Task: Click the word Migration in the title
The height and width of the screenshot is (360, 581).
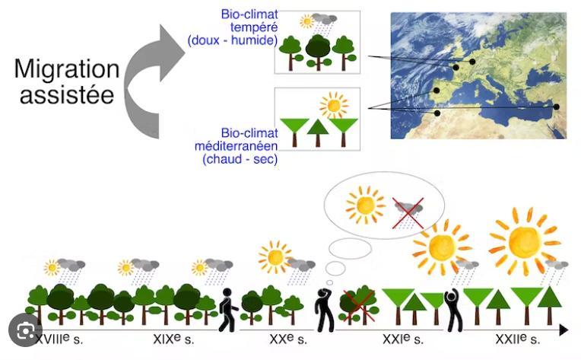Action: click(x=67, y=70)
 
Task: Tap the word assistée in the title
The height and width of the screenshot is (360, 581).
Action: click(x=67, y=94)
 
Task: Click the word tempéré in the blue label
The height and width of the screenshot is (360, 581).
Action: click(x=254, y=27)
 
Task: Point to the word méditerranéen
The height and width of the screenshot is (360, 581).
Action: click(x=236, y=145)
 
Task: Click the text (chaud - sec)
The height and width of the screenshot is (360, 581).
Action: click(x=240, y=159)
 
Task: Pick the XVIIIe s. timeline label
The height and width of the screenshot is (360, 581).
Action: click(x=59, y=339)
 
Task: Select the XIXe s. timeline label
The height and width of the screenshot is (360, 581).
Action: click(x=173, y=339)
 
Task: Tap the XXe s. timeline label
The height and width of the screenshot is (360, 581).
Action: click(x=288, y=339)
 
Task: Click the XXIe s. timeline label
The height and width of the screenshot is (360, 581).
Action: click(x=403, y=339)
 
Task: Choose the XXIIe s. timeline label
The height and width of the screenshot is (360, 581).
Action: click(x=518, y=339)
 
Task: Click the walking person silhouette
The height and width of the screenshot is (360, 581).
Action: click(x=227, y=310)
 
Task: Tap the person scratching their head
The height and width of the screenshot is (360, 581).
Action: click(x=325, y=310)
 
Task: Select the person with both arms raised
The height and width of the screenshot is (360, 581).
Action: click(x=453, y=310)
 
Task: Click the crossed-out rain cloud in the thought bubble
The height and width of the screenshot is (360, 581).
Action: click(x=408, y=213)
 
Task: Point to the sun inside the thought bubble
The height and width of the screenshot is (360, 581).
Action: click(x=365, y=205)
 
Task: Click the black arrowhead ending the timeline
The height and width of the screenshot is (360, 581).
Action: click(x=564, y=330)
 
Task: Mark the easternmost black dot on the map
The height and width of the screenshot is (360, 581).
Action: click(x=556, y=107)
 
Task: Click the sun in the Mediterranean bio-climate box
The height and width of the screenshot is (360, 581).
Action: click(x=334, y=105)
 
